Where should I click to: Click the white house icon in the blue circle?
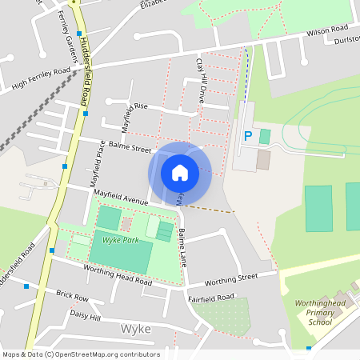(x=180, y=172)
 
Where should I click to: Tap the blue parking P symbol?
(x=247, y=136)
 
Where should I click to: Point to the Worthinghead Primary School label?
(x=320, y=314)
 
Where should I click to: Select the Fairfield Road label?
(x=211, y=297)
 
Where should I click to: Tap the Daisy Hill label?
(x=86, y=317)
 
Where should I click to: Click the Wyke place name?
(x=135, y=330)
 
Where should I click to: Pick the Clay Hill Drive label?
(x=199, y=78)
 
